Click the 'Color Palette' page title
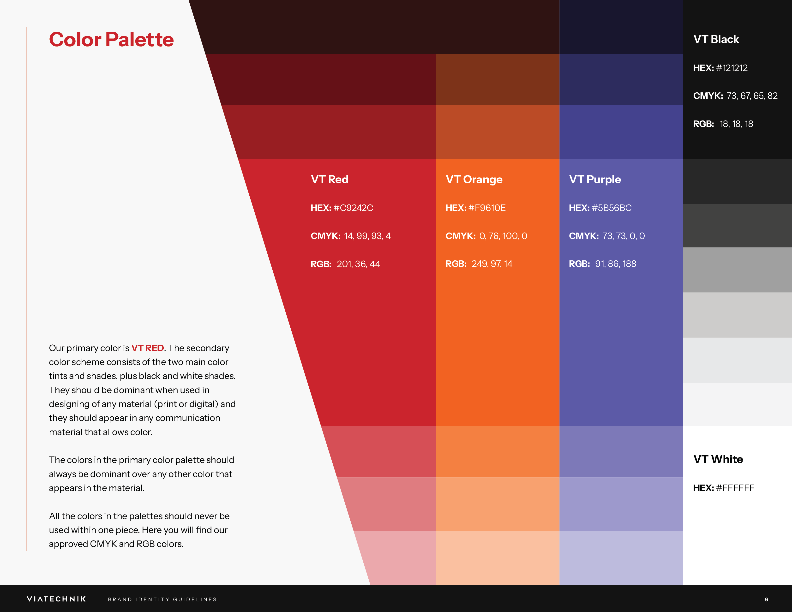111,40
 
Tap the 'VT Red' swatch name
329,180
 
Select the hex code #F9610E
487,208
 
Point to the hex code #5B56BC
612,208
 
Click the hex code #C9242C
353,208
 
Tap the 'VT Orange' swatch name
474,180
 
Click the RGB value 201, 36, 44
358,264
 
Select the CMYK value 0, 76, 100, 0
503,236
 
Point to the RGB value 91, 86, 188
615,264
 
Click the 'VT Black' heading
716,39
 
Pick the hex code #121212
732,68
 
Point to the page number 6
766,599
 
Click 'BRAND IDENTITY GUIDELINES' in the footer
162,599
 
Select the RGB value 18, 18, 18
736,124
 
